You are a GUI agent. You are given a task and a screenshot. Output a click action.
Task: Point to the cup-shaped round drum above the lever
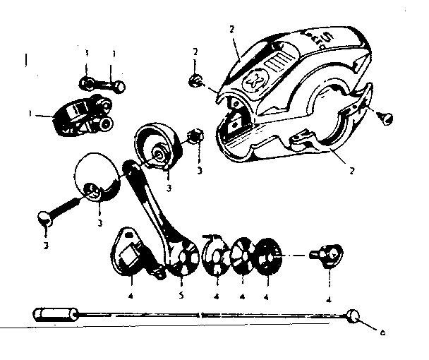click(160, 148)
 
